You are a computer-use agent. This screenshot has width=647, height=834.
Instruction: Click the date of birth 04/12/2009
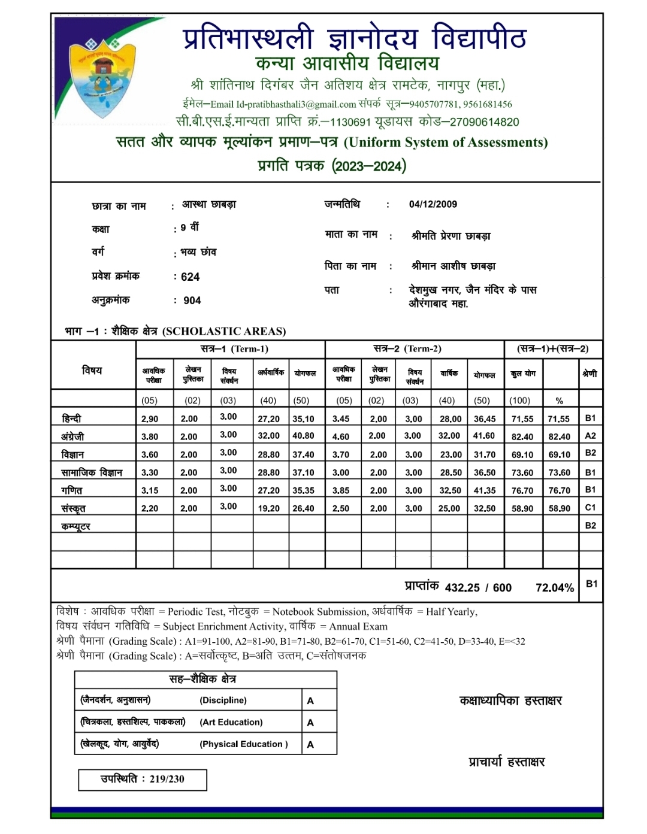click(x=433, y=204)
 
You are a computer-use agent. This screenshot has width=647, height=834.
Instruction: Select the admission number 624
click(x=190, y=277)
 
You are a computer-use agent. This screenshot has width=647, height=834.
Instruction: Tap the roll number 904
click(x=192, y=301)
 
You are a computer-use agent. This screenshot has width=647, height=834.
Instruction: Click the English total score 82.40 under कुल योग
click(x=522, y=436)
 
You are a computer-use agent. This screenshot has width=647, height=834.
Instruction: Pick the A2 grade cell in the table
click(x=590, y=436)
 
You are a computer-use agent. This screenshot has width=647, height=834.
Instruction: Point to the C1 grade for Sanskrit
click(x=590, y=508)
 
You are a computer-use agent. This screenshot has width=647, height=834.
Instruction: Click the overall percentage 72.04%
click(x=554, y=588)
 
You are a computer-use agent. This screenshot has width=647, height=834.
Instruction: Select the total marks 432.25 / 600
click(x=478, y=588)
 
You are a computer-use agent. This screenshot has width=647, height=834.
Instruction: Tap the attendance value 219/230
click(x=167, y=779)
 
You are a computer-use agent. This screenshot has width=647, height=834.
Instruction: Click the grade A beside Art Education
click(x=310, y=723)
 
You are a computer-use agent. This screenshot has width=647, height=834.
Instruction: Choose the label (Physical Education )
click(x=243, y=744)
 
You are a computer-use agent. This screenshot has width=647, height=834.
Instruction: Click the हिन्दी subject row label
click(x=71, y=418)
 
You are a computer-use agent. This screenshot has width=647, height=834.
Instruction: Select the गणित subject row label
click(x=72, y=490)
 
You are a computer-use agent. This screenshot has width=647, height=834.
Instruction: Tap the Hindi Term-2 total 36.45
click(x=484, y=419)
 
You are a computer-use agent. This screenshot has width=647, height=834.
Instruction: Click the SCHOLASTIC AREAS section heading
click(x=224, y=331)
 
